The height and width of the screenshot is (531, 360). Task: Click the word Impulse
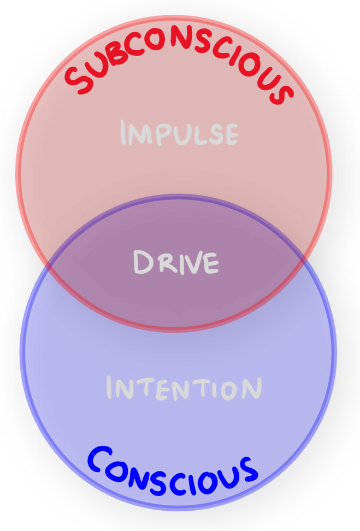point(179,134)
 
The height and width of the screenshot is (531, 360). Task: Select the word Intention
point(184,387)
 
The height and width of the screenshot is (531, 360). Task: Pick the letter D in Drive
point(143,262)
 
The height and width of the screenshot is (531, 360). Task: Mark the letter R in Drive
point(163,263)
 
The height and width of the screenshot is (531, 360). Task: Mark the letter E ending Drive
point(210,263)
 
